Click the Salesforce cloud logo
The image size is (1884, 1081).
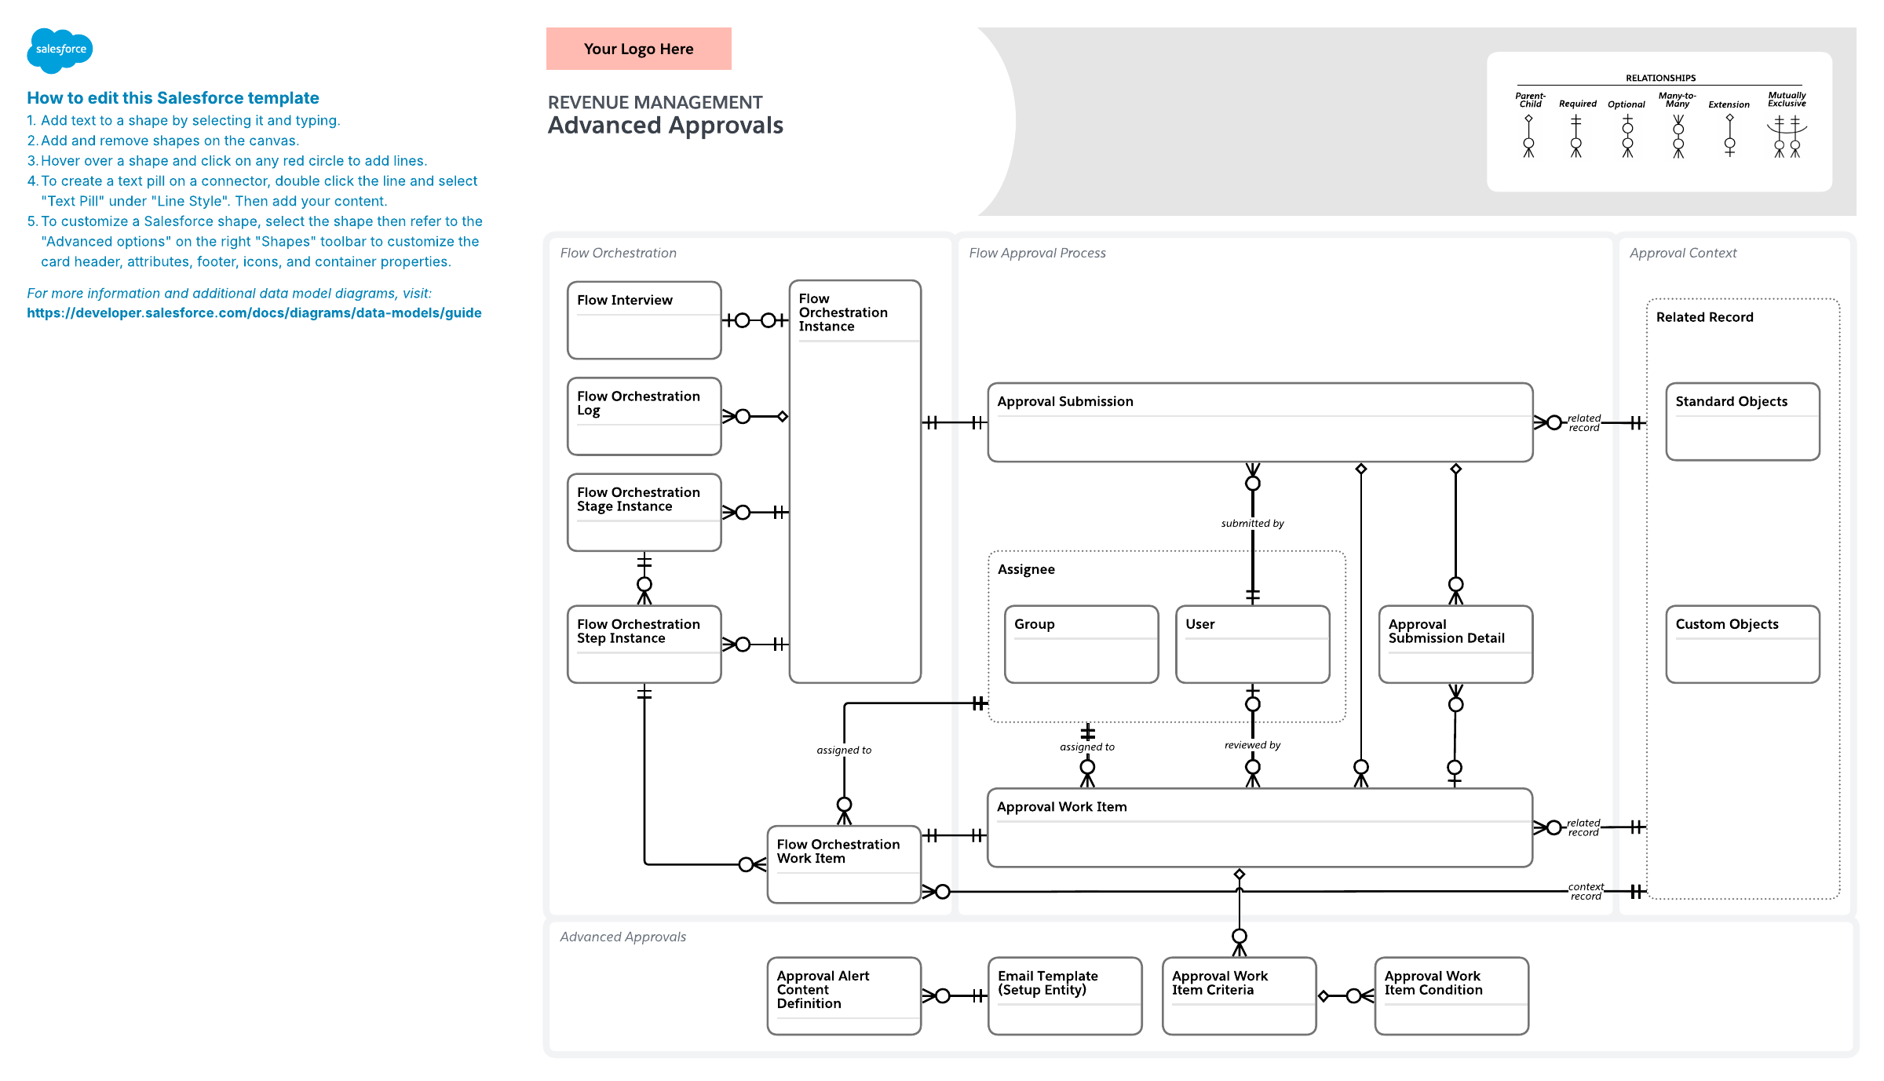coord(60,50)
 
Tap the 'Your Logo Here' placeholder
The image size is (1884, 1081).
coord(638,49)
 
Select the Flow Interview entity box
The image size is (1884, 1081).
coord(644,320)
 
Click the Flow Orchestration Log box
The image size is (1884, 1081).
coord(644,416)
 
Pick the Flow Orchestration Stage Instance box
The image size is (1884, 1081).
coord(644,512)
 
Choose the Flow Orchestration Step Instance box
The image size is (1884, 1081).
coord(644,644)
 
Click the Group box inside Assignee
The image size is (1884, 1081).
coord(1081,644)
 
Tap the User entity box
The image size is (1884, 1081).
coord(1252,644)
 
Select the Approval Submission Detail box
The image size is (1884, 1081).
coord(1455,644)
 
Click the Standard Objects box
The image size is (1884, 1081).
coord(1743,422)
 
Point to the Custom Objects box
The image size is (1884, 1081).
coord(1743,644)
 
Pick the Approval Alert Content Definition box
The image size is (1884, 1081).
coord(844,995)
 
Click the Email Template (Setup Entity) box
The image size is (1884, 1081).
coord(1064,995)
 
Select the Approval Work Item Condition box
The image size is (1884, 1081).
coord(1451,995)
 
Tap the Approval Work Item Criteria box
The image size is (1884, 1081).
coord(1239,995)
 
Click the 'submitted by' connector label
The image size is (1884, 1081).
coord(1252,524)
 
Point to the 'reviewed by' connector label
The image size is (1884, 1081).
coord(1252,745)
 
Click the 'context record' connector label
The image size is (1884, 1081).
coord(1586,892)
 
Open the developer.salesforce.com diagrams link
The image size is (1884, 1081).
coord(254,312)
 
